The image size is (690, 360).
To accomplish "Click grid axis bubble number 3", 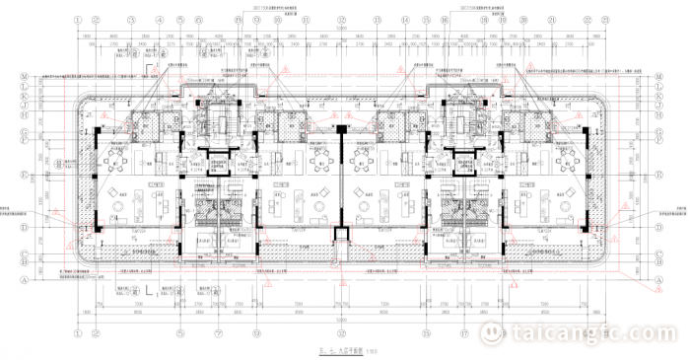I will tap(131, 20).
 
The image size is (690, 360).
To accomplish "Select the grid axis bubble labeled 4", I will tap(160, 20).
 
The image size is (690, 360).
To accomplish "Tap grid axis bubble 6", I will tap(198, 20).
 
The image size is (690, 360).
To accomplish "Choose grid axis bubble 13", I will tap(377, 20).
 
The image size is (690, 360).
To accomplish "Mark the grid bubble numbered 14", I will tap(405, 20).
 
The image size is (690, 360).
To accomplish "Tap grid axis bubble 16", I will tap(445, 20).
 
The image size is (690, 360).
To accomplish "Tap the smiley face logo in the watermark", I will tap(491, 333).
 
